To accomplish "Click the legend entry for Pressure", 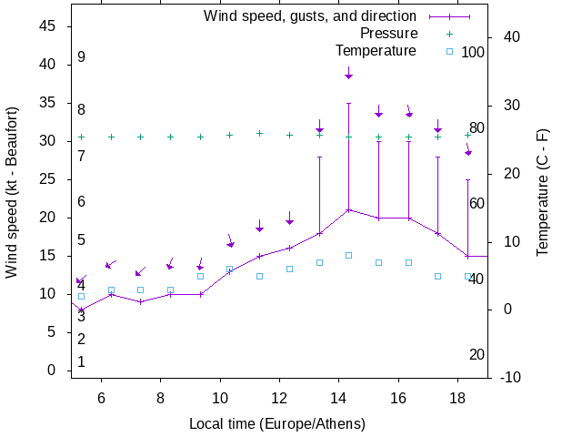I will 388,33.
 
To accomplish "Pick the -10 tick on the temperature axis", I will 510,377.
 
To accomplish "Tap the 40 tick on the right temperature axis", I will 510,37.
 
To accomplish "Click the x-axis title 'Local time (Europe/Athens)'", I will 276,423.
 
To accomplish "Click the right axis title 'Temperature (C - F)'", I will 543,191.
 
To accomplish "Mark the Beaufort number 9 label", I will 81,57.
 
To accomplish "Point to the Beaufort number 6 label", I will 81,202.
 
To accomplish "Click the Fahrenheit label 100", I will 473,52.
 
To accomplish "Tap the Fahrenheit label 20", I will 477,354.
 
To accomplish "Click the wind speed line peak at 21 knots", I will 348,209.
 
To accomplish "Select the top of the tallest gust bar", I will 348,103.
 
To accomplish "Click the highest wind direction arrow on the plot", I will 348,73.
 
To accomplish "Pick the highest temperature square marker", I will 348,255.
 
